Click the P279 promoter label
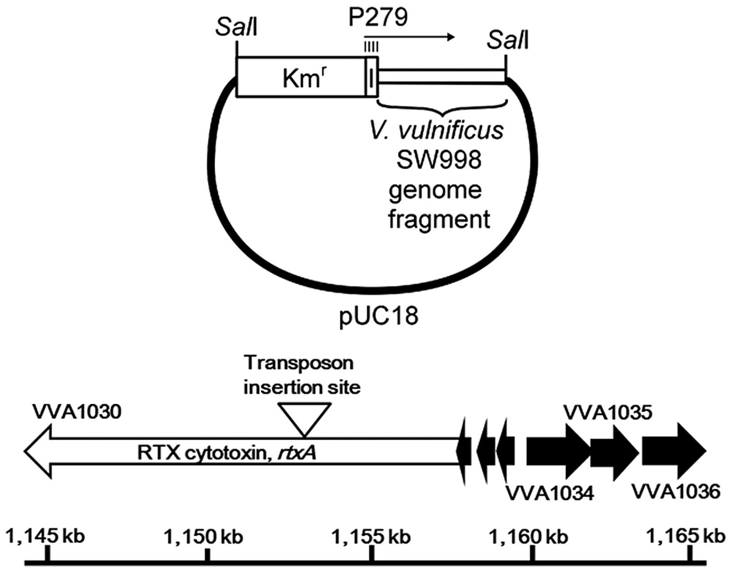378,18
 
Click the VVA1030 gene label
77,412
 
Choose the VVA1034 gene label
549,493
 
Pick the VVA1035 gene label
607,412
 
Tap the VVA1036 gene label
676,492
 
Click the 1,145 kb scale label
45,537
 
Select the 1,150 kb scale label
203,537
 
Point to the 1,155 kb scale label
371,537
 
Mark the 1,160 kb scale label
528,537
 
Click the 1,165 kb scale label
686,537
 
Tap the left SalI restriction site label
236,27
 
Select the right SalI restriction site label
508,41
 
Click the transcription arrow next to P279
409,37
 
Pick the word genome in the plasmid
435,191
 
